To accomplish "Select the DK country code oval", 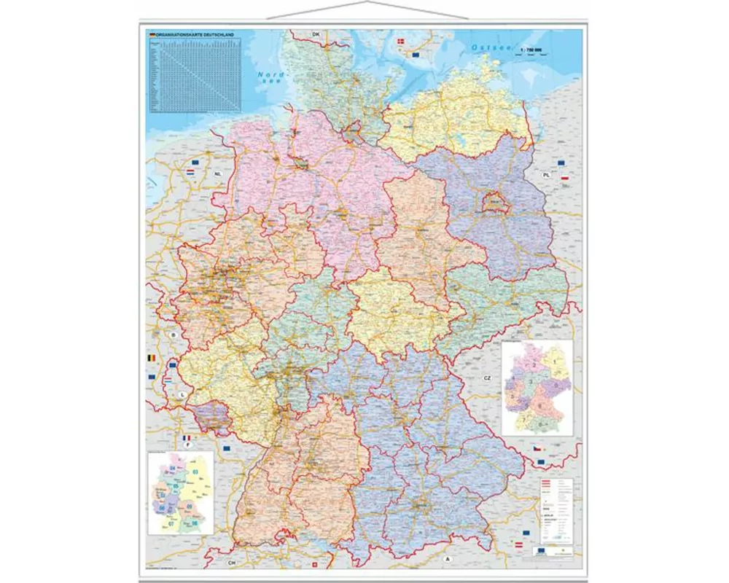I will [x=316, y=34].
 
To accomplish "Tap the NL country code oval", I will [x=218, y=175].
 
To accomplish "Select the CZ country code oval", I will [x=486, y=378].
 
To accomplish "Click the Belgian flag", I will [x=152, y=359].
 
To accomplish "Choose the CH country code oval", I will [x=233, y=563].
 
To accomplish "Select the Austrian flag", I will [x=519, y=544].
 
